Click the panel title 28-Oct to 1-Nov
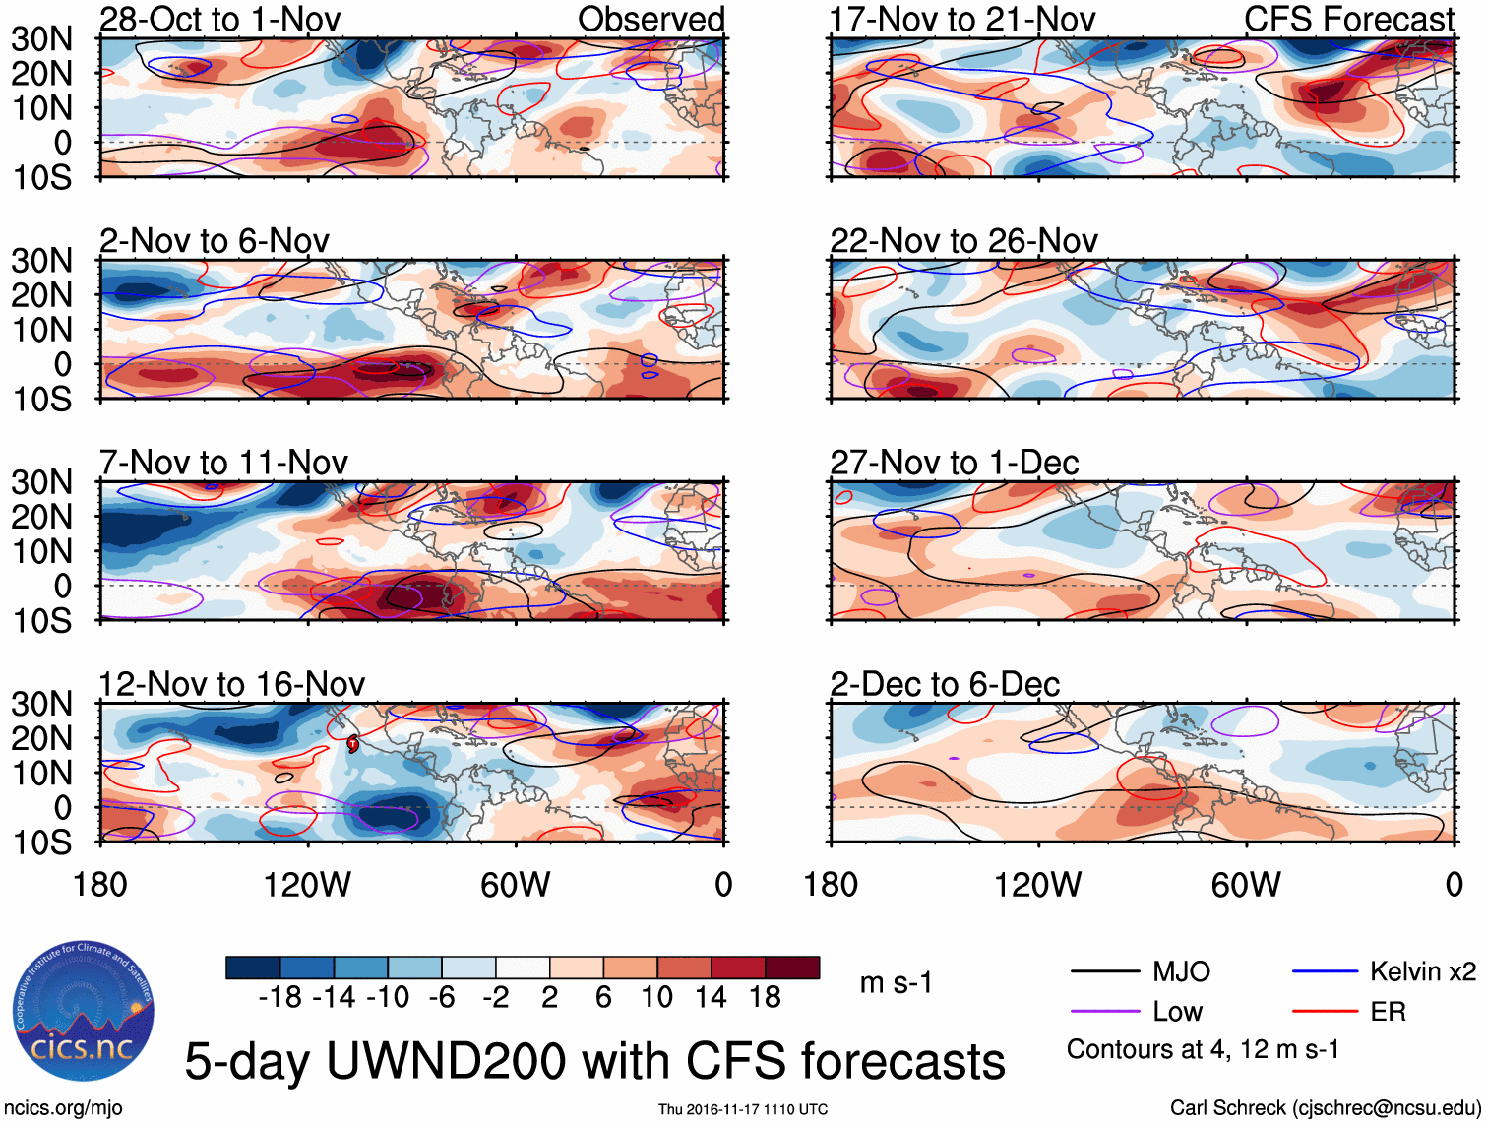[x=219, y=19]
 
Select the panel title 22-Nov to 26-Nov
[x=963, y=240]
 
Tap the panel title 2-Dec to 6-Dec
[x=945, y=684]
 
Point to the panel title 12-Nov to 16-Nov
[x=231, y=684]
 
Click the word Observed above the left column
[x=650, y=19]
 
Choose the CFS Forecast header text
[x=1348, y=19]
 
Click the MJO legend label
[x=1181, y=972]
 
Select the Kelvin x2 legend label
[x=1422, y=972]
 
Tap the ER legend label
[x=1388, y=1012]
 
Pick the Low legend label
[x=1177, y=1012]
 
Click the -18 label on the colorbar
[x=279, y=998]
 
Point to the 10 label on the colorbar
[x=657, y=998]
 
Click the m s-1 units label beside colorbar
[x=896, y=983]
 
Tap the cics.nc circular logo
[x=84, y=1011]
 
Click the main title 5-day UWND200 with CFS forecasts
[x=594, y=1061]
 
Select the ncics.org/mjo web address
[x=63, y=1108]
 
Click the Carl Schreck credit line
[x=1325, y=1108]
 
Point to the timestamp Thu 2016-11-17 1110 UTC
[x=743, y=1109]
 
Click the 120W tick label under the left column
[x=307, y=885]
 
